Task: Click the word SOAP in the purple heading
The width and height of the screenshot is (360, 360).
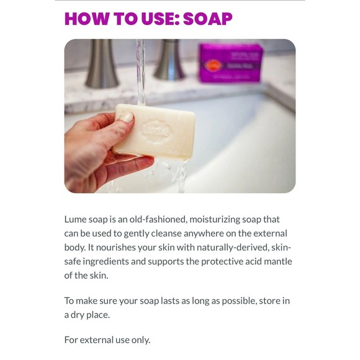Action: [x=208, y=19]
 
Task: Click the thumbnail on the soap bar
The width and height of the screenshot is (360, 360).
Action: [x=126, y=117]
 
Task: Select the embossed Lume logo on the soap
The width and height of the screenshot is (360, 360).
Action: [x=156, y=131]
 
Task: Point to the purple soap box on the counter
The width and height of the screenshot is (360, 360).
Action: [x=230, y=63]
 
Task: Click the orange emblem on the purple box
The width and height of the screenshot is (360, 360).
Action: [x=213, y=66]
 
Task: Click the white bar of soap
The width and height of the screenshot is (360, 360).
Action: [x=155, y=131]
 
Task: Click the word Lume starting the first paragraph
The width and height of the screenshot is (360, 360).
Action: [x=75, y=220]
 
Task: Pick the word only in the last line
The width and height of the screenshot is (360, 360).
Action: [x=141, y=340]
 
